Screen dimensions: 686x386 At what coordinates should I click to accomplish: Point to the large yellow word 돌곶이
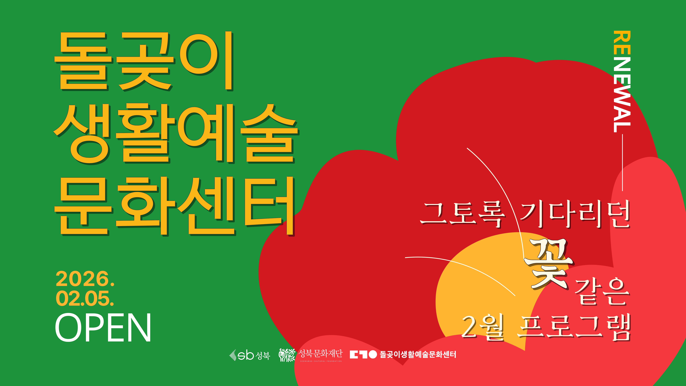pos(144,61)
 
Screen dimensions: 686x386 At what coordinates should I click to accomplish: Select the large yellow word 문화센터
pos(174,206)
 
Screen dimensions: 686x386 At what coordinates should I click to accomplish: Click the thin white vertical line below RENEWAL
pos(622,162)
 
